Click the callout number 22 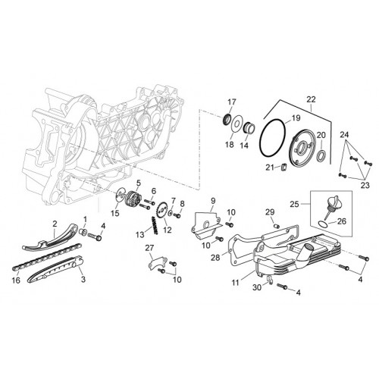click(x=311, y=99)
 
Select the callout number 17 click(x=232, y=102)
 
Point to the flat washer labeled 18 click(x=236, y=124)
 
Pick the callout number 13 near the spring click(x=139, y=235)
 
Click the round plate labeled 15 click(x=120, y=194)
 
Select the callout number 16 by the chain click(x=16, y=280)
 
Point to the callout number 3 click(x=83, y=279)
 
